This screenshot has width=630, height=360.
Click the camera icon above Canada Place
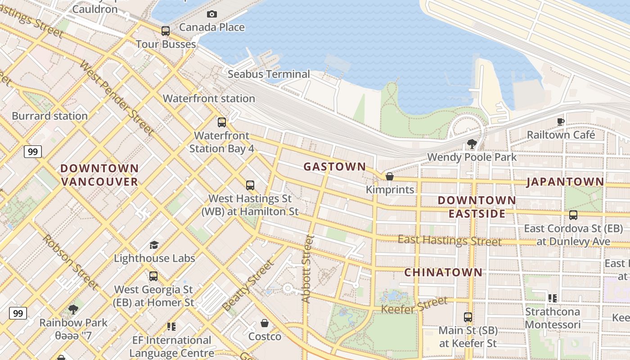pos(212,14)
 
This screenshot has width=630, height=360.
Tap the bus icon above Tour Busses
pos(166,31)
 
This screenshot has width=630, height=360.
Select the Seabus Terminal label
pos(269,74)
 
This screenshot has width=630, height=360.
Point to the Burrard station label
pos(49,116)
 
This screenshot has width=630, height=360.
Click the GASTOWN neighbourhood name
pos(335,167)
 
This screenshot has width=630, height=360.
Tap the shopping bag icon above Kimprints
pos(390,176)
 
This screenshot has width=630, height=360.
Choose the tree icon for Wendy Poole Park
pos(472,144)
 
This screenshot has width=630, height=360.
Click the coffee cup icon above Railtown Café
pos(561,121)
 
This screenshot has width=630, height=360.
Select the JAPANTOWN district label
pos(565,182)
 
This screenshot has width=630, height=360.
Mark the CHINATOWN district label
pos(443,273)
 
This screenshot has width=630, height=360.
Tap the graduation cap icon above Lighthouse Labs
pos(154,245)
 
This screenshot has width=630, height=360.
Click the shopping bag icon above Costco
pos(265,323)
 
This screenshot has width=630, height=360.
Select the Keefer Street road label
pos(414,305)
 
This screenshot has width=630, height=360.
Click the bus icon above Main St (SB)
pos(468,317)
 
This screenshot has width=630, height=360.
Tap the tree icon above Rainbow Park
pos(73,310)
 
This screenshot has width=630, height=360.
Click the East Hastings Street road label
pos(449,240)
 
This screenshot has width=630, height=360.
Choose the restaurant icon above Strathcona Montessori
pos(552,298)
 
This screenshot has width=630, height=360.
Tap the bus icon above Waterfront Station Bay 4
pos(221,122)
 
